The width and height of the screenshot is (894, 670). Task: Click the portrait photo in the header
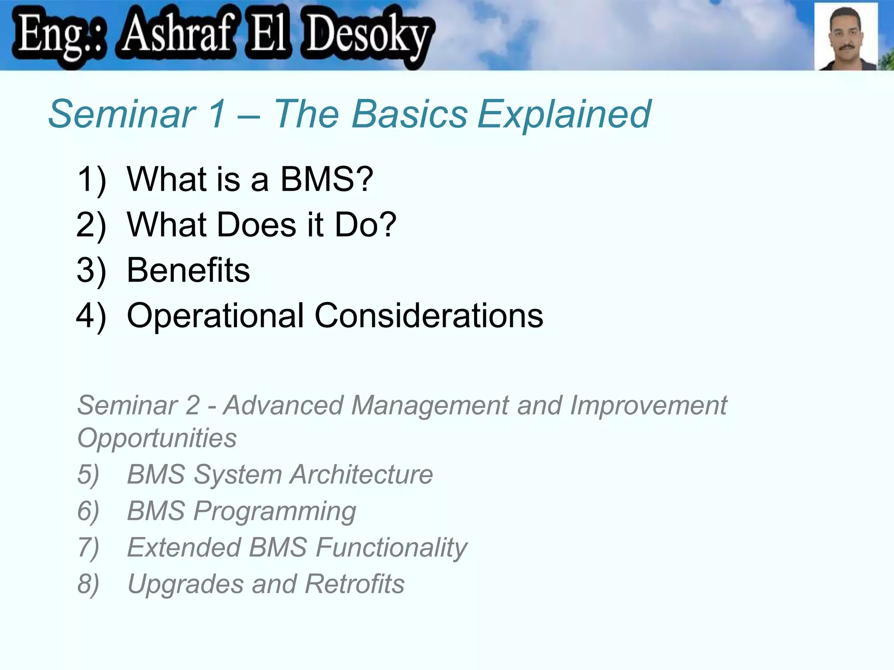[846, 37]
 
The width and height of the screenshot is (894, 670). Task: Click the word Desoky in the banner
[368, 35]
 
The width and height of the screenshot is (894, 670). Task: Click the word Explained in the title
[564, 114]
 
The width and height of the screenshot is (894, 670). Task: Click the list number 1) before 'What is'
[91, 180]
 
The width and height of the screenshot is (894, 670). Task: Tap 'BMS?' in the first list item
[327, 179]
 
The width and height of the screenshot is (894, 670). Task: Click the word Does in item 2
[257, 225]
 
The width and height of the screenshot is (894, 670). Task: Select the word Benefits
[188, 270]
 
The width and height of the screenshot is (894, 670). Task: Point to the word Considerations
[429, 316]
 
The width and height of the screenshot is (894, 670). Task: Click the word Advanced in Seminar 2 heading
[284, 406]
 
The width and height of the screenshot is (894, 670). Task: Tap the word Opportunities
[157, 438]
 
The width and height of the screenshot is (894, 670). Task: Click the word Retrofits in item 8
[354, 584]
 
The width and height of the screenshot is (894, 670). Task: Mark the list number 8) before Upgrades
[88, 585]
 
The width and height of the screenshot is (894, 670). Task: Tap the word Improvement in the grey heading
[649, 406]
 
